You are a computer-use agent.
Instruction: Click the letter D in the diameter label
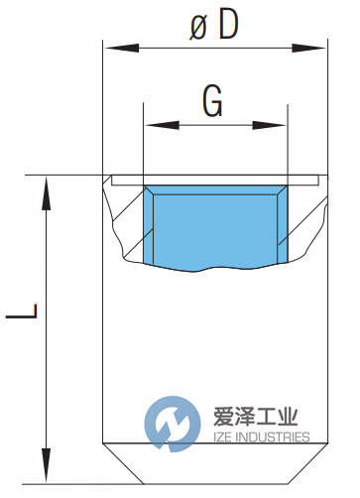tap(227, 24)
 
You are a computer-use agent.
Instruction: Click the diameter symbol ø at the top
tap(198, 25)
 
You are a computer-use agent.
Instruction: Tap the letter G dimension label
tap(212, 99)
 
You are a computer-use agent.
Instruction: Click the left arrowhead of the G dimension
tap(151, 125)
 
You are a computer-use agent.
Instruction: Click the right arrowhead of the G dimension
tap(280, 125)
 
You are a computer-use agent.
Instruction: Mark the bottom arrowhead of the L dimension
tap(45, 463)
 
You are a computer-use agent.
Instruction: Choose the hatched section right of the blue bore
tap(303, 223)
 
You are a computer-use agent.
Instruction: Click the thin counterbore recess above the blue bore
tap(215, 180)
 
